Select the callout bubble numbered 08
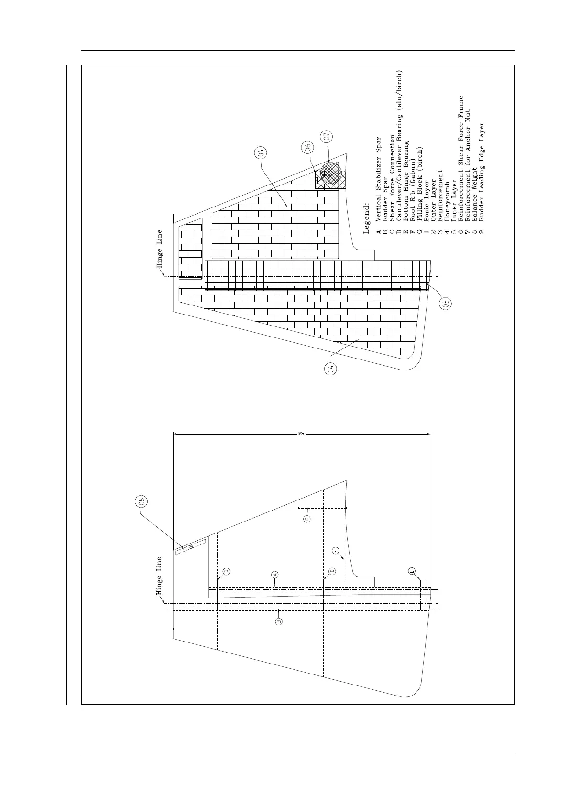[x=142, y=502]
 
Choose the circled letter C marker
[x=307, y=518]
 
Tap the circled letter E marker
[x=412, y=571]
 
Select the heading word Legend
[x=367, y=218]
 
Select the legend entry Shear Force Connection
[x=392, y=181]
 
